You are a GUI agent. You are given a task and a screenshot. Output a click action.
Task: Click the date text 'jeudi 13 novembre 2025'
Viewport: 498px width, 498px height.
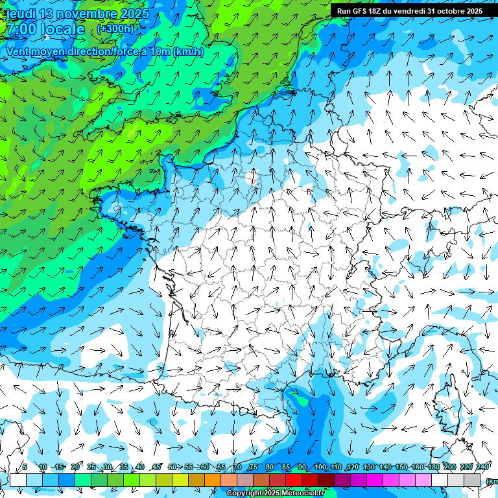coord(77,14)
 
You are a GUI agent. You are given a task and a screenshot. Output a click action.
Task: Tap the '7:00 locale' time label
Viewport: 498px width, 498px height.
coord(45,29)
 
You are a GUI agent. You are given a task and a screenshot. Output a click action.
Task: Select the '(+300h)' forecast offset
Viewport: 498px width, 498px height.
coord(115,29)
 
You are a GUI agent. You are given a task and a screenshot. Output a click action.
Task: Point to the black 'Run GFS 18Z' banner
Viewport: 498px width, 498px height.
coord(409,10)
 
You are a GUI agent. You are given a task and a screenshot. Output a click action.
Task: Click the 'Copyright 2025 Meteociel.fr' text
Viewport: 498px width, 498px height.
coord(276,493)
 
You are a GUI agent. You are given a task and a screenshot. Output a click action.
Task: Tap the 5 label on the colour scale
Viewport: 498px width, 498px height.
coord(25,467)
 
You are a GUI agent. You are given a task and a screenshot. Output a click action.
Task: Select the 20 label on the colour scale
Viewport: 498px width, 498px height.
coord(75,467)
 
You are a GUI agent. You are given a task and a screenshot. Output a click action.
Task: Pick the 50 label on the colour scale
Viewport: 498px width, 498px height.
coord(172,467)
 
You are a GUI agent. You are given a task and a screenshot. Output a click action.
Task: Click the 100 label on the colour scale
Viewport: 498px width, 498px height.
coord(320,467)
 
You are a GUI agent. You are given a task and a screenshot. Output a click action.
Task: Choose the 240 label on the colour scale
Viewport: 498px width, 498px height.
coord(482,467)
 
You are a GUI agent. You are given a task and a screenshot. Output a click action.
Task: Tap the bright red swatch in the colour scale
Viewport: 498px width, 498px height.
coord(294,480)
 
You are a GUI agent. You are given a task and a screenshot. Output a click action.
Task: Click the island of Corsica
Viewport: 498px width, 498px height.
coord(447,405)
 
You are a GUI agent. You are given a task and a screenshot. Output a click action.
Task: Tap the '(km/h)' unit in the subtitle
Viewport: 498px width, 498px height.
coord(187,52)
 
